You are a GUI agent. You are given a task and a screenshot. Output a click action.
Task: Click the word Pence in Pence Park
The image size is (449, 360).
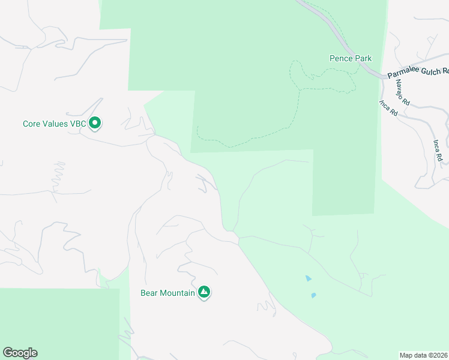pyautogui.click(x=340, y=59)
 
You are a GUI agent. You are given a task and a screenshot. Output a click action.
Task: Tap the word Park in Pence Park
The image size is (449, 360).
pyautogui.click(x=363, y=59)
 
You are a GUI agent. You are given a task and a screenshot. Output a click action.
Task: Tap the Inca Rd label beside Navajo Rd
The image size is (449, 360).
pyautogui.click(x=388, y=107)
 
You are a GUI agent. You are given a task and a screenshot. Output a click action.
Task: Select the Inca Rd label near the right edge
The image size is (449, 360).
pyautogui.click(x=438, y=150)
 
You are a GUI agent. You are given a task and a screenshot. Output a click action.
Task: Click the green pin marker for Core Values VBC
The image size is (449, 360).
pyautogui.click(x=94, y=123)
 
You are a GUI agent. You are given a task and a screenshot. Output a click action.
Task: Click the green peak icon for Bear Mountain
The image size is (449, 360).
pyautogui.click(x=204, y=292)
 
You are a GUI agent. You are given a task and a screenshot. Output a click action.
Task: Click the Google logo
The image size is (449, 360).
pyautogui.click(x=20, y=353)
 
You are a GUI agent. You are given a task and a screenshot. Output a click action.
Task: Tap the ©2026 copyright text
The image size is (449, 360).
pyautogui.click(x=438, y=355)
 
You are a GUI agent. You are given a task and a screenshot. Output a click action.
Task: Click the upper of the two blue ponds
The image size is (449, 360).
pyautogui.click(x=308, y=278)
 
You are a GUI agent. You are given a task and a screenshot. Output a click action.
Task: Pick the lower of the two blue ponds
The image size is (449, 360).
pyautogui.click(x=313, y=295)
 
